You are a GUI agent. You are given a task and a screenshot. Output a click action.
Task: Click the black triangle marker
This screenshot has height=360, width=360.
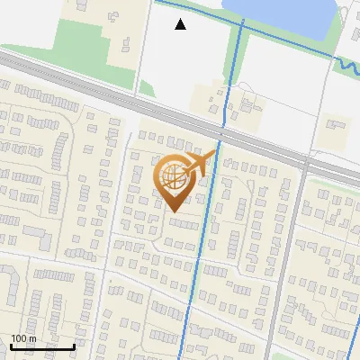click(x=180, y=24)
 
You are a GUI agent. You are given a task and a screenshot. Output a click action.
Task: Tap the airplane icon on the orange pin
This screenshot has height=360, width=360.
click(x=201, y=164)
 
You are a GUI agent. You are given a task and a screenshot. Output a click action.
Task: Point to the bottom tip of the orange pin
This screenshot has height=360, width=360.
click(x=174, y=211)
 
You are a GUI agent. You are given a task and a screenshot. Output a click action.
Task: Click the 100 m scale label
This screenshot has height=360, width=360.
click(x=23, y=338)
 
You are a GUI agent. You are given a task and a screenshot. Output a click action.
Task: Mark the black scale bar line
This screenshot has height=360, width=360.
click(x=42, y=346)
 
